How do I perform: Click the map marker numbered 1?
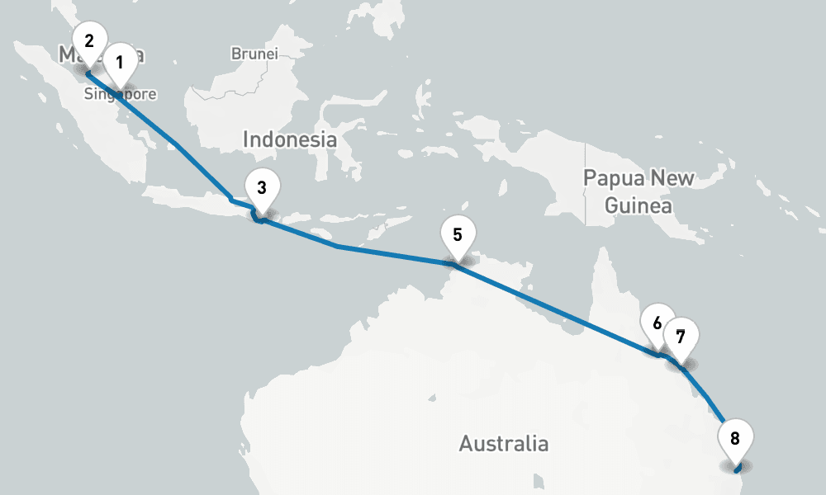120,63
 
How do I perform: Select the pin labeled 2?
88,40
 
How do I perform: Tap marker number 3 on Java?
262,188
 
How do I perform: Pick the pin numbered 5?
458,233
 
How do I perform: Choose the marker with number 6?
657,323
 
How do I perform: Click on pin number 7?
681,337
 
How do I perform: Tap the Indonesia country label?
289,139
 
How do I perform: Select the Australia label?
503,443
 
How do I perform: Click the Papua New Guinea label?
638,191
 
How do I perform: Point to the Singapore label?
120,95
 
